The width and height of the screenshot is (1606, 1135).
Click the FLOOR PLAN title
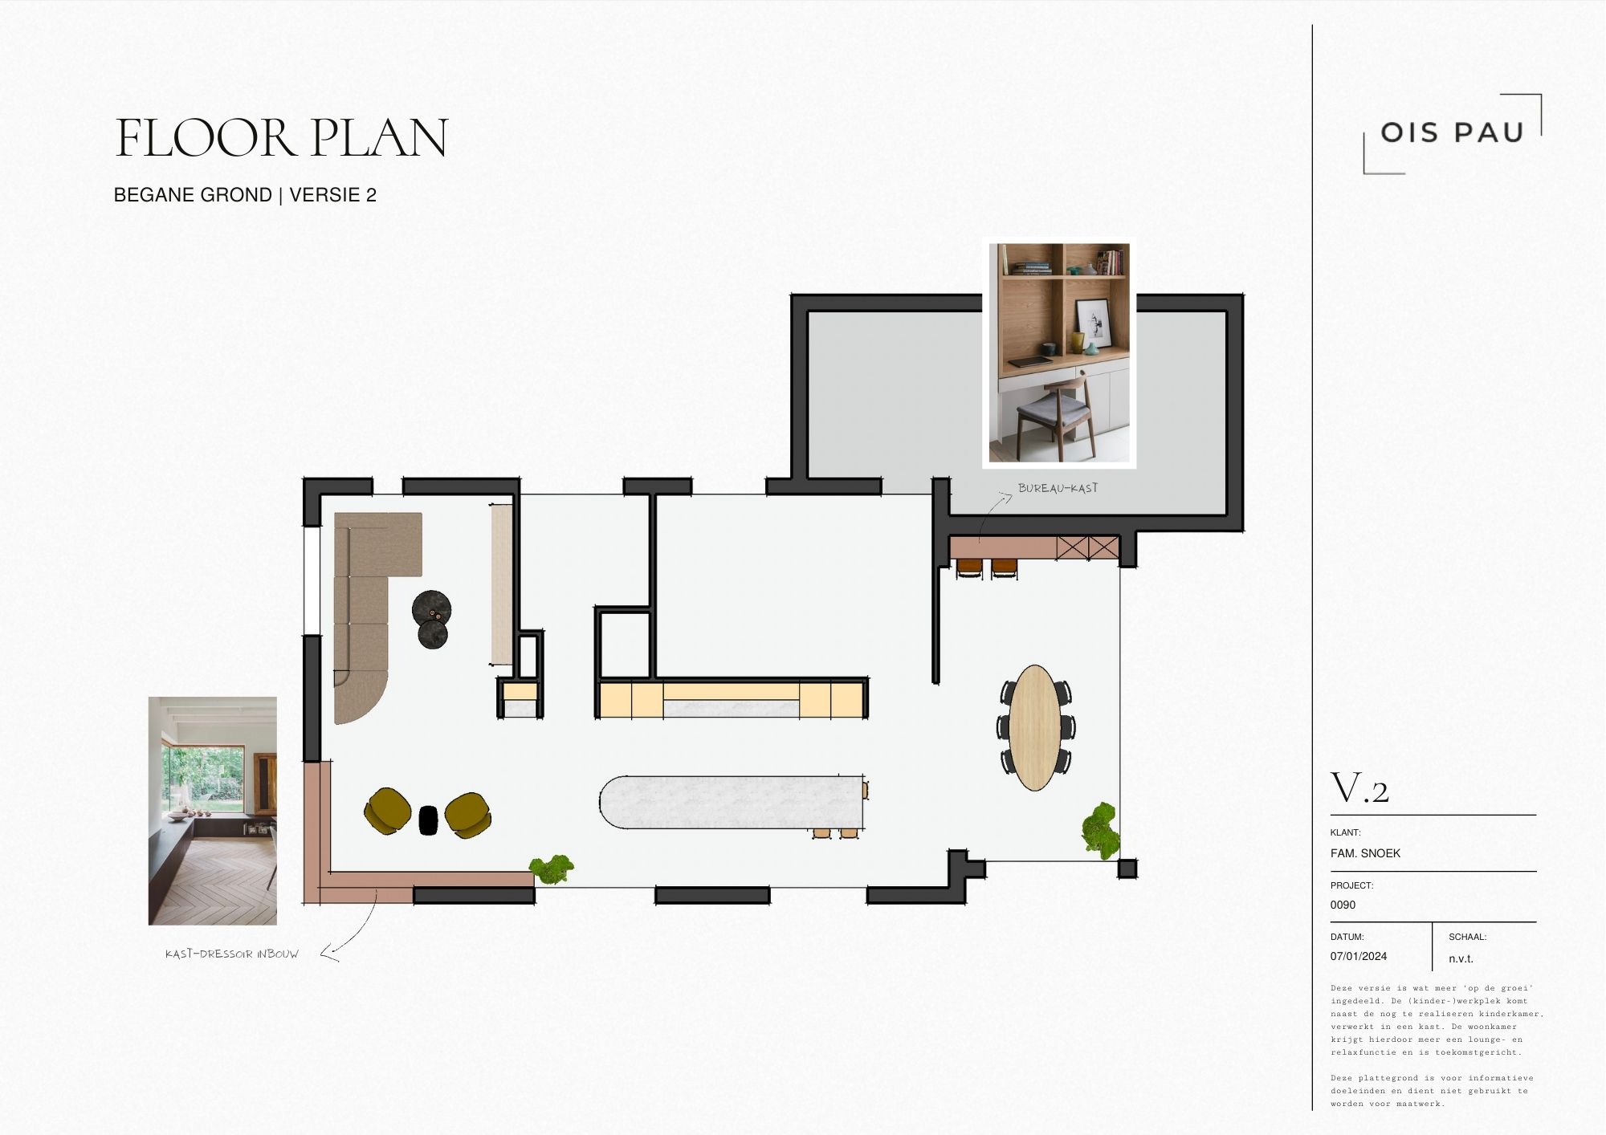281,138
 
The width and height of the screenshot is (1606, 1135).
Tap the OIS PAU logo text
1452,132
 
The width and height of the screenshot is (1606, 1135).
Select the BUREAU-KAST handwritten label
1058,487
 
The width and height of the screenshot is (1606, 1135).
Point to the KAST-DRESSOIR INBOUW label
231,954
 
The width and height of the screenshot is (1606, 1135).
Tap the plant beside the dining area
1100,830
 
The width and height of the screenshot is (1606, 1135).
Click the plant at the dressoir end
551,869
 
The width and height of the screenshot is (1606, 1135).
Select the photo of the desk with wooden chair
1059,353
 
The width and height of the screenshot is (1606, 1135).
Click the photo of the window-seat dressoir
213,811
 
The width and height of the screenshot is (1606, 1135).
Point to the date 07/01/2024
1359,956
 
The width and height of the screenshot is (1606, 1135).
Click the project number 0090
1343,905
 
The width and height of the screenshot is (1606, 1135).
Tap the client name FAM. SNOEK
1365,853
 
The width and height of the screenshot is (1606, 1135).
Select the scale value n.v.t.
1461,958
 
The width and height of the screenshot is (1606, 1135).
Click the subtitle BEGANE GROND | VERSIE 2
245,195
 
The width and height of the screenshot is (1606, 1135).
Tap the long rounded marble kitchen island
731,802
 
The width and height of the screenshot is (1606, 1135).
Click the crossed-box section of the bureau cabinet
1087,548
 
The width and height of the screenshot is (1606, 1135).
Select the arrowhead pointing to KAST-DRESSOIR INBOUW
329,954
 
